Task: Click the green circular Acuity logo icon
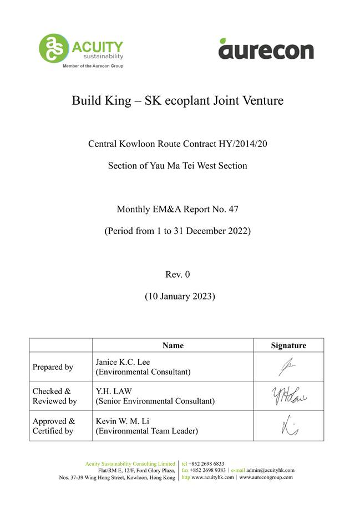tap(53, 48)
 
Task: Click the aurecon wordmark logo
tap(266, 49)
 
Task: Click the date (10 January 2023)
tap(180, 296)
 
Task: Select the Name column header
tap(173, 345)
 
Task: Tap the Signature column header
tap(288, 345)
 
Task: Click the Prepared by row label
tap(53, 367)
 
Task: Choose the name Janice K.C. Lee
tap(123, 362)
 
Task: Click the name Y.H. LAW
tap(114, 391)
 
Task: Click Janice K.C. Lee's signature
tap(288, 367)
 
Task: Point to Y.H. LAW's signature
tap(288, 396)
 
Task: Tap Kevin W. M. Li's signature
tap(289, 426)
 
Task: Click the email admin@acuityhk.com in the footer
tap(270, 470)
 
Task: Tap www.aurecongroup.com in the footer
tap(266, 477)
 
